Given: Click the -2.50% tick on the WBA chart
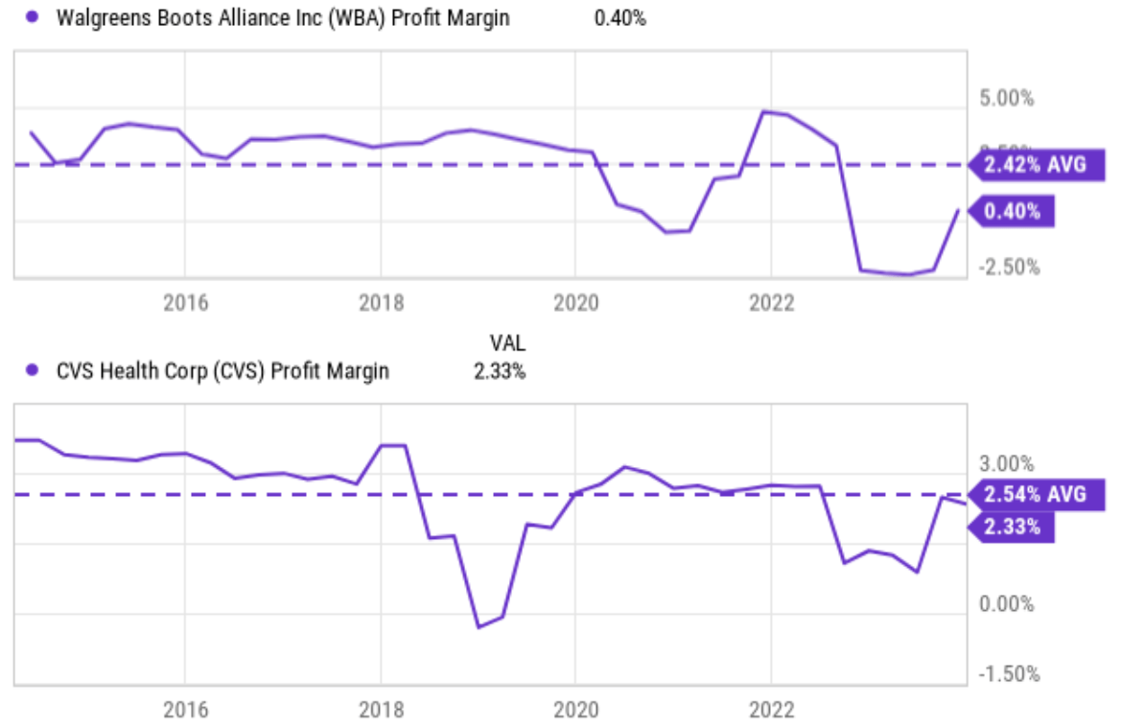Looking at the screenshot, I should click(x=1009, y=267).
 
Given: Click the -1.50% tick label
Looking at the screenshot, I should click(x=1009, y=674).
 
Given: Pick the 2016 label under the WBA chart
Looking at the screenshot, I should click(x=185, y=304).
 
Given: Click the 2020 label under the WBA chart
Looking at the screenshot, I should click(x=575, y=304).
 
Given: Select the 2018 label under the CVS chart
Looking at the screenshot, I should click(x=381, y=711).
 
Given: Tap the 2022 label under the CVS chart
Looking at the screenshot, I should click(x=772, y=711).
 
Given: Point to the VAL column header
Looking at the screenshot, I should click(x=507, y=343).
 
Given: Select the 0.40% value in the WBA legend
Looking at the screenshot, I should click(x=620, y=18).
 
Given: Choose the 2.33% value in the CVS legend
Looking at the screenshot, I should click(x=499, y=372).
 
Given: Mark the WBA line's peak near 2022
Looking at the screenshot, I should click(x=764, y=112).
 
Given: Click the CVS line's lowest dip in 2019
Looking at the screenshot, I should click(x=479, y=627).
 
